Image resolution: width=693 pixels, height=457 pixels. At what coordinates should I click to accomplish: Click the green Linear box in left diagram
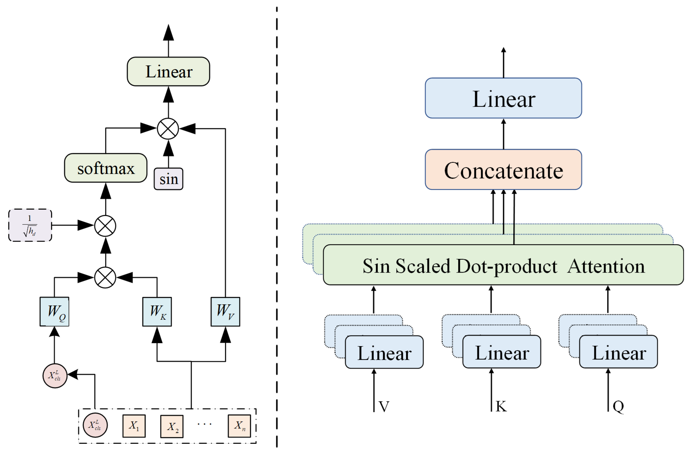point(168,72)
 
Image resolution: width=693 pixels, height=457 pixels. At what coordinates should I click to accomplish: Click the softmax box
point(105,168)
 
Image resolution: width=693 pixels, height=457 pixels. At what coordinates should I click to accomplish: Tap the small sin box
point(168,179)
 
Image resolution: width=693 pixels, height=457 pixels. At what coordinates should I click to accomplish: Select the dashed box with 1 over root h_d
point(30,225)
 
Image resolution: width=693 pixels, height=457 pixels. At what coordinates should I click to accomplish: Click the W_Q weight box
point(55,312)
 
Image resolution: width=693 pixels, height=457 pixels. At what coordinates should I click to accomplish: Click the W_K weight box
point(157,312)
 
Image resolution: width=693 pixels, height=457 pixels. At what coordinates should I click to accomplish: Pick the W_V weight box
point(225,312)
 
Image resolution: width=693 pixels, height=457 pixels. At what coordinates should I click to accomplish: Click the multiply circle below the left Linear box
point(168,128)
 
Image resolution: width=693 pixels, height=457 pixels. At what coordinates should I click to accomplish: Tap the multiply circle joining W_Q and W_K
point(105,277)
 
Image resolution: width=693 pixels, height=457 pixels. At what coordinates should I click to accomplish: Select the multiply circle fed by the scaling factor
point(105,226)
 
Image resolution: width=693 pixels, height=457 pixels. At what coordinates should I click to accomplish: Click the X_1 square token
point(134,426)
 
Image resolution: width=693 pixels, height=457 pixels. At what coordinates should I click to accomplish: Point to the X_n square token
point(239,426)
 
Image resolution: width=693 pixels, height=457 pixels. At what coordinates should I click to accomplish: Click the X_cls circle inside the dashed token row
point(95,425)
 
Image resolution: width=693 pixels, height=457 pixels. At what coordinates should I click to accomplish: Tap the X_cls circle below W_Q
point(55,376)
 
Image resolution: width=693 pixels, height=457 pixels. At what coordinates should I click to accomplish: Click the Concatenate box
point(503,170)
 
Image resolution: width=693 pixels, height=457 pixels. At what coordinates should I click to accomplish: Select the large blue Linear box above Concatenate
point(503,98)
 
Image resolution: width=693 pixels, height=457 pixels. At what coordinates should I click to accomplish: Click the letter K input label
point(501,406)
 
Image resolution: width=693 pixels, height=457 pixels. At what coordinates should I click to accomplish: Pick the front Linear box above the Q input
point(618,352)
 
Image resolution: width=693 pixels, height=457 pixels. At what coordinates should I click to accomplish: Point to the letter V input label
point(384,406)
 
